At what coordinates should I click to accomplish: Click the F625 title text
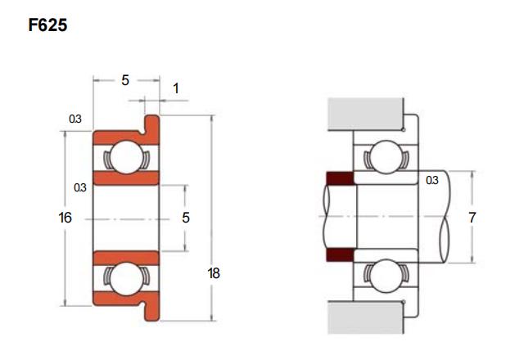pos(47,25)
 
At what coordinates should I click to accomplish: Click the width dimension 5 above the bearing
pos(125,80)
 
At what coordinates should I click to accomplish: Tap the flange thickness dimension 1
pos(176,89)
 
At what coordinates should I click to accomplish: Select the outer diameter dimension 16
pos(65,218)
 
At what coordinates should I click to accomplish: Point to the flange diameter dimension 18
pos(214,273)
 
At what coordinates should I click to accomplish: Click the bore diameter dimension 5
pos(186,218)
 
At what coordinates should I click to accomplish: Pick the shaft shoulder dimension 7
pos(472,218)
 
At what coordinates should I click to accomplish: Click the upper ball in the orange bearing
pos(126,157)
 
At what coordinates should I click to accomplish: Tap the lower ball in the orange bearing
pos(126,279)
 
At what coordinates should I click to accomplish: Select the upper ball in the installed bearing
pos(386,157)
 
